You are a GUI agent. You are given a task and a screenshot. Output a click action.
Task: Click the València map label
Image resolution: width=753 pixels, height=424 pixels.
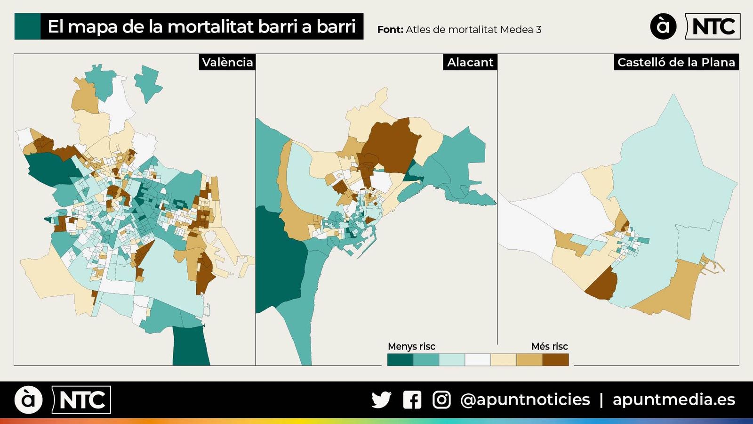coord(227,62)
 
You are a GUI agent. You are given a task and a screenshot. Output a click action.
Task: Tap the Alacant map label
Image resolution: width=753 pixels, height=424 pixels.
coord(470,62)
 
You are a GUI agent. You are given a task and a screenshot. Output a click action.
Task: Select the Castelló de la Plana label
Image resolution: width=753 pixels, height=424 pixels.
coord(676,62)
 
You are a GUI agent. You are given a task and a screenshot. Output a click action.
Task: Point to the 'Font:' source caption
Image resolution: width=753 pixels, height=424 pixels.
coord(390,30)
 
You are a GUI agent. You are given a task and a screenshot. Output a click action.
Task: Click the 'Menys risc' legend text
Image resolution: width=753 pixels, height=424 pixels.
coord(411,346)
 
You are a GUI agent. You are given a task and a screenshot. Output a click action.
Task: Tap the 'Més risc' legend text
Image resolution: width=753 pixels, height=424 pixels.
coord(549,346)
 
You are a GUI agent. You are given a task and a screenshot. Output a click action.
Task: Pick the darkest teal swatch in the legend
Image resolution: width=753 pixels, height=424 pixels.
coord(400,360)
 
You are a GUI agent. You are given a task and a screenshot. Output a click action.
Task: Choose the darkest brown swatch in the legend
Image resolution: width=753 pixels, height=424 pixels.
coord(555,360)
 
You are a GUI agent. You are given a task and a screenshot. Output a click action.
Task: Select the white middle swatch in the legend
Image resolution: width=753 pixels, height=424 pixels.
coord(478,360)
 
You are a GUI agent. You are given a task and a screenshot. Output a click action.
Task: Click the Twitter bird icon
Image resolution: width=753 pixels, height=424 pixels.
coord(381,400)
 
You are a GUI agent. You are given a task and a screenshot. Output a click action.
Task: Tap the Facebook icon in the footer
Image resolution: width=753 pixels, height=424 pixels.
coord(412,400)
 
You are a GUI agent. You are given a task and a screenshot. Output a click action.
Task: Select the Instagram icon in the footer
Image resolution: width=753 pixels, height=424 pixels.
coord(441,400)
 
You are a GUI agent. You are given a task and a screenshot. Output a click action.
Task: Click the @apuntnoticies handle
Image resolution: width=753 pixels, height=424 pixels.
coord(525,400)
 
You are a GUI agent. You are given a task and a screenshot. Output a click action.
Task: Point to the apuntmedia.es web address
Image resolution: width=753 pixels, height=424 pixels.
coord(673,400)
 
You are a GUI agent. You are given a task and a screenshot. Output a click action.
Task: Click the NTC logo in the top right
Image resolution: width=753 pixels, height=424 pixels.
coord(713,26)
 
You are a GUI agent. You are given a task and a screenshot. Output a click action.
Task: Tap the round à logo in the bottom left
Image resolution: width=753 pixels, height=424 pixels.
coord(28,400)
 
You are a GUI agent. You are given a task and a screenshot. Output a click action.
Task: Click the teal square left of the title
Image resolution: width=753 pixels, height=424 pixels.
coord(27,26)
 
